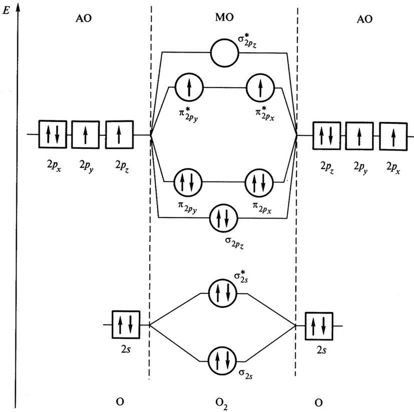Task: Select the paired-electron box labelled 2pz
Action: pos(326,135)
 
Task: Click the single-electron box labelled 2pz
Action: pos(118,135)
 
